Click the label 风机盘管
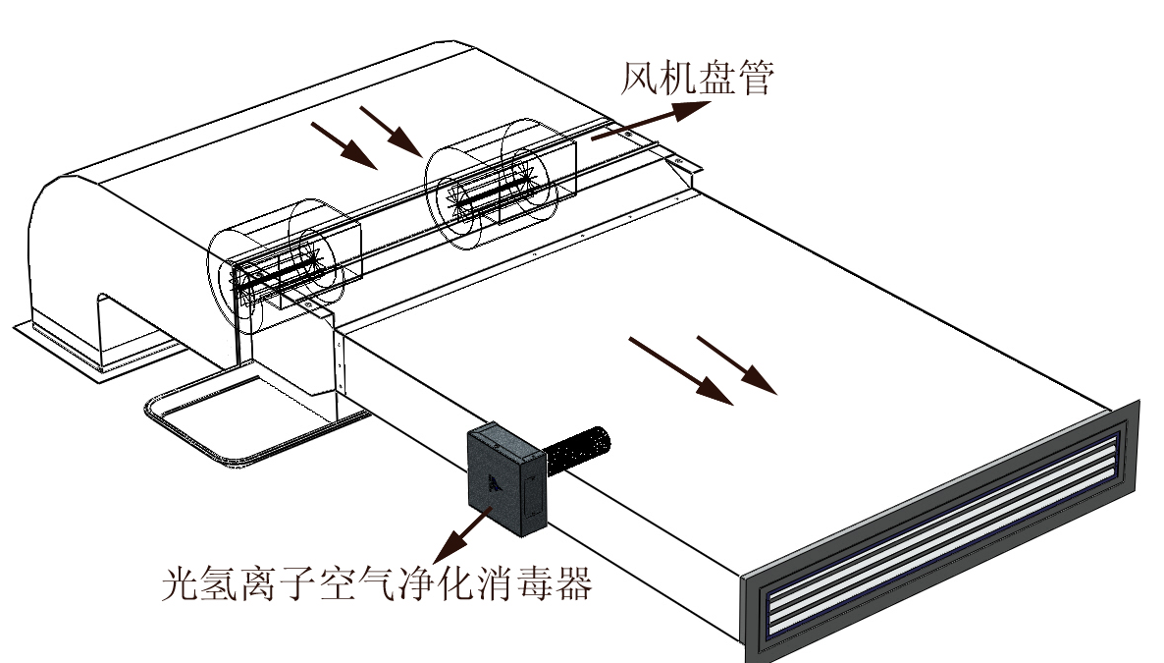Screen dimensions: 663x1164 [697, 80]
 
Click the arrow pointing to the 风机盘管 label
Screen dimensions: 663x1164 [648, 124]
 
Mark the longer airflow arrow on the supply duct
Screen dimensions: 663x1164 [680, 371]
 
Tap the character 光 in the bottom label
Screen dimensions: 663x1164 [181, 585]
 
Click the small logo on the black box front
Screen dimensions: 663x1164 [492, 480]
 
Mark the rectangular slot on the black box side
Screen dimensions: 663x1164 [530, 495]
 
